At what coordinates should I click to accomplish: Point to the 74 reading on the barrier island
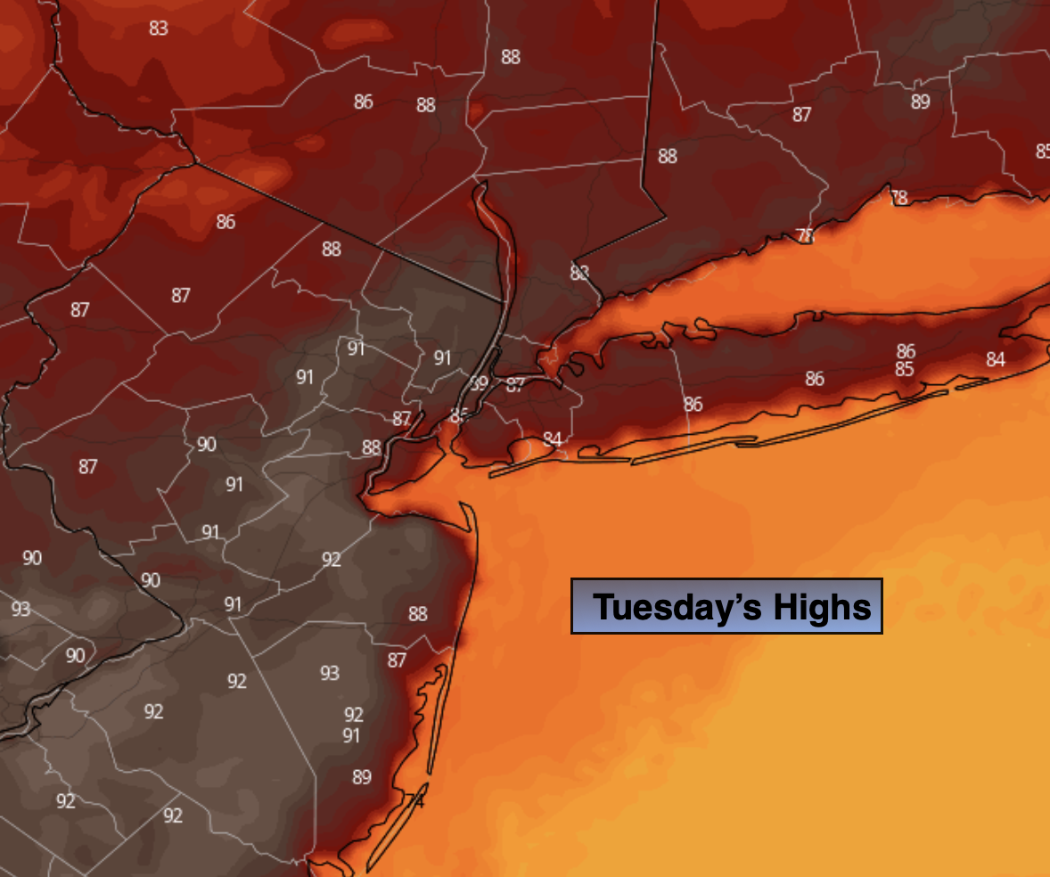[414, 801]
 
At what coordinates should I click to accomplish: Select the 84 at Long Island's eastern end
[996, 359]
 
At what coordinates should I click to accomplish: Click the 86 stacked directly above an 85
[906, 351]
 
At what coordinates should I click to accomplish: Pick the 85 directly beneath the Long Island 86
[905, 368]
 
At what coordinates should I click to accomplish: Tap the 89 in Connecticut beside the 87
[920, 102]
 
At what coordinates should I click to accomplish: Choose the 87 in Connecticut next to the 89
[801, 114]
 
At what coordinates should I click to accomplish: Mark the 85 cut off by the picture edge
[1043, 152]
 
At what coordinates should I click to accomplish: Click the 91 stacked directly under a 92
[351, 735]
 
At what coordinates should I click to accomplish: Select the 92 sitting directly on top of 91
[354, 715]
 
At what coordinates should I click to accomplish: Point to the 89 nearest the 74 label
[361, 777]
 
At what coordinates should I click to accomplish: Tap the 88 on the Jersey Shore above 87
[417, 613]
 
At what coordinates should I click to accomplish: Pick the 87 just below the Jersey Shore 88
[397, 660]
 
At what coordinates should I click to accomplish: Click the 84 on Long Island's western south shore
[553, 438]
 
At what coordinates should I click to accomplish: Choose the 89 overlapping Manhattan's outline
[480, 384]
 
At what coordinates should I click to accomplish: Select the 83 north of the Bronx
[579, 273]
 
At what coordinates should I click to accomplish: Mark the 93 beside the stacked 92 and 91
[330, 673]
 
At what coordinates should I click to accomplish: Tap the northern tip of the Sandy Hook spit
[463, 504]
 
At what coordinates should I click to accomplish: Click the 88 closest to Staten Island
[372, 447]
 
